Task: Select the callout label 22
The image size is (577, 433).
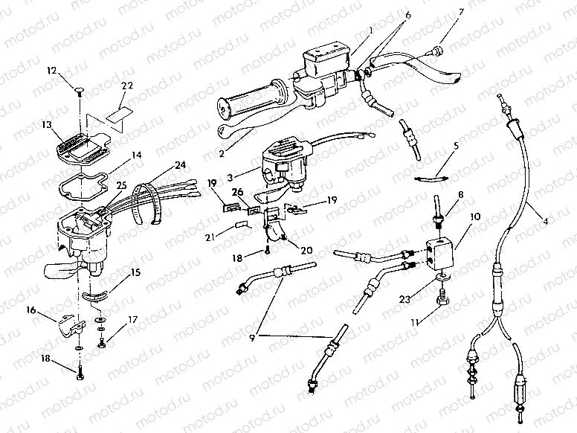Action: pyautogui.click(x=127, y=86)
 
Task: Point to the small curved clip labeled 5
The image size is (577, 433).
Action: pyautogui.click(x=430, y=178)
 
